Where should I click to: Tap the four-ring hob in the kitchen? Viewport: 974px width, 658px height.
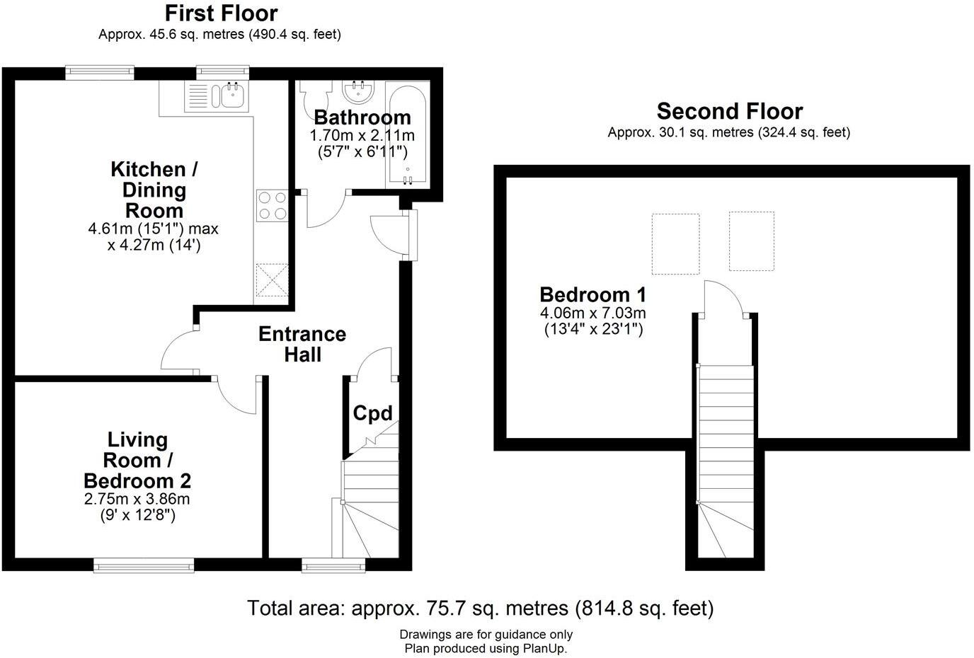[x=272, y=205]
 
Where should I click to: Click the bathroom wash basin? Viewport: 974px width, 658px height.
[x=359, y=91]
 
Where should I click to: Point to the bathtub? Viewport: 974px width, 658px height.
[x=406, y=134]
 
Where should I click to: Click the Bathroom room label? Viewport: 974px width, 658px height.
[x=362, y=117]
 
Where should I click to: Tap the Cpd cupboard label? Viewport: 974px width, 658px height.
[x=372, y=413]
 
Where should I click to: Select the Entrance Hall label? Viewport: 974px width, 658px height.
[x=302, y=344]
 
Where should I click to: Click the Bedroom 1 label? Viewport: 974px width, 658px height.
[x=592, y=294]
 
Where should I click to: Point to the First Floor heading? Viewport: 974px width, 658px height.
[x=221, y=13]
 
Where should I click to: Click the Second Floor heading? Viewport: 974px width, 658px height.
[x=729, y=111]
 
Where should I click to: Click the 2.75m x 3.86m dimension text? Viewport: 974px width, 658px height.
[x=137, y=499]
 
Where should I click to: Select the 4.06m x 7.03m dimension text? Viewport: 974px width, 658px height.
[x=592, y=313]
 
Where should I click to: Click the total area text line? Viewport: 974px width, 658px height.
[x=480, y=608]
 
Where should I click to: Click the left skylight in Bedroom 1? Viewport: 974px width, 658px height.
[x=675, y=243]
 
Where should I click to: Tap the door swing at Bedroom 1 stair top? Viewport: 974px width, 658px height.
[x=723, y=297]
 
